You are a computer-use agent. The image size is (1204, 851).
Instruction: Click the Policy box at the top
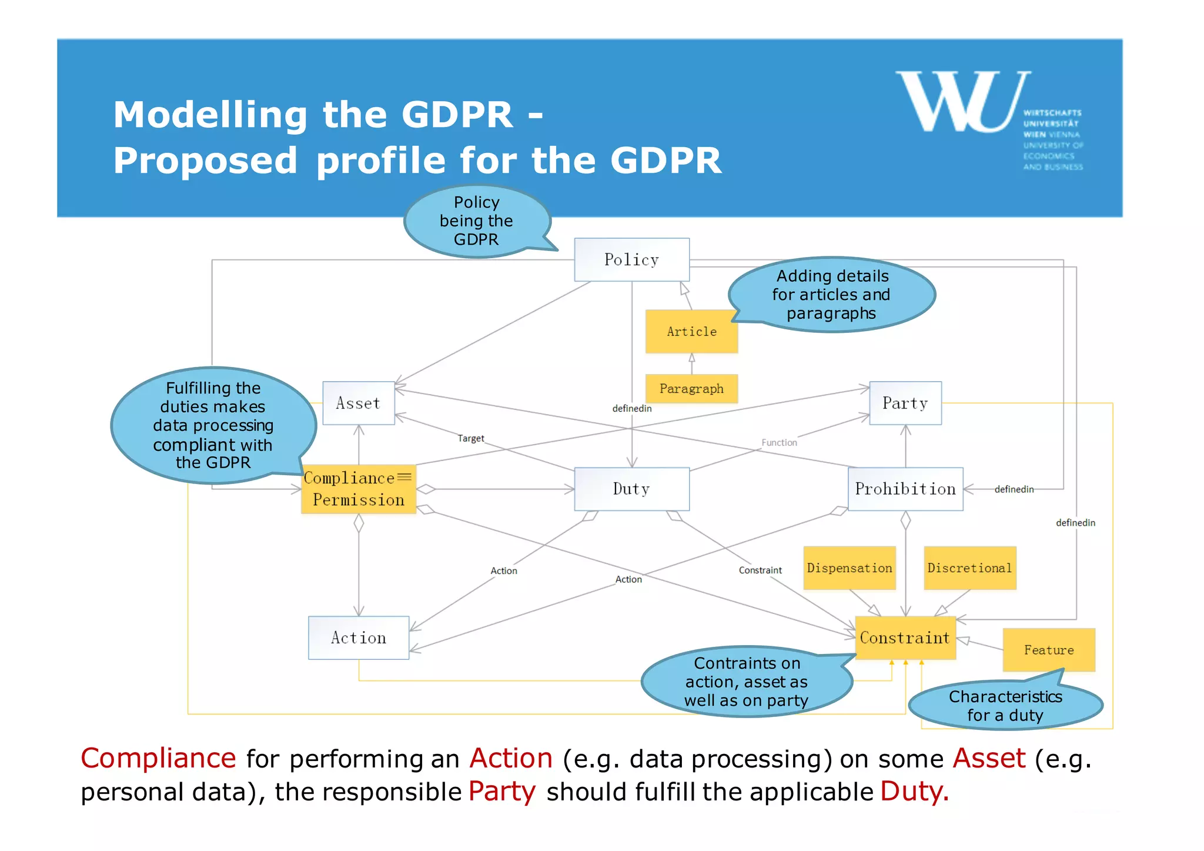point(631,259)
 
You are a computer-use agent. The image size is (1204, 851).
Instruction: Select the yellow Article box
point(691,331)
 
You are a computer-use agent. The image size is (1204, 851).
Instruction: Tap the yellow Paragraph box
point(691,389)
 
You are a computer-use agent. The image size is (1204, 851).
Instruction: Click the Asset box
point(358,403)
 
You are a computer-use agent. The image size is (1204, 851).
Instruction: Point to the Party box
point(905,403)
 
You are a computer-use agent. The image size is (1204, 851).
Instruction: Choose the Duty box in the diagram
point(631,489)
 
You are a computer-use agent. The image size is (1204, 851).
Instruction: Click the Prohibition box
point(905,489)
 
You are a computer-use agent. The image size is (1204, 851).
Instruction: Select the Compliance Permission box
point(358,489)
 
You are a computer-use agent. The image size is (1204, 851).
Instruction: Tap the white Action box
point(358,638)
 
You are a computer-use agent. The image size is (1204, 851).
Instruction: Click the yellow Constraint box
point(905,638)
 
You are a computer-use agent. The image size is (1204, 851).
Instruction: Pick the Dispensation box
point(850,568)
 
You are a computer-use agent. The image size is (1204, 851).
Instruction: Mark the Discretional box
point(969,568)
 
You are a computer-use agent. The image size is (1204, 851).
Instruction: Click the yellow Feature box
point(1049,650)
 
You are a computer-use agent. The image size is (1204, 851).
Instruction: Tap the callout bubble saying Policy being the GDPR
point(476,221)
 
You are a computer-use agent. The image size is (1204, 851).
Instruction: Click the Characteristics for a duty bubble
point(1005,706)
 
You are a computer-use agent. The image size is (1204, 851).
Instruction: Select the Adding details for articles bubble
point(831,294)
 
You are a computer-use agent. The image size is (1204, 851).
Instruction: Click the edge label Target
point(471,438)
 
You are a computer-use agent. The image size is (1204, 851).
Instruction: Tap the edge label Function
point(779,442)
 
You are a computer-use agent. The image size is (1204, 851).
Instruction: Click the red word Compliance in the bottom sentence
point(158,758)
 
